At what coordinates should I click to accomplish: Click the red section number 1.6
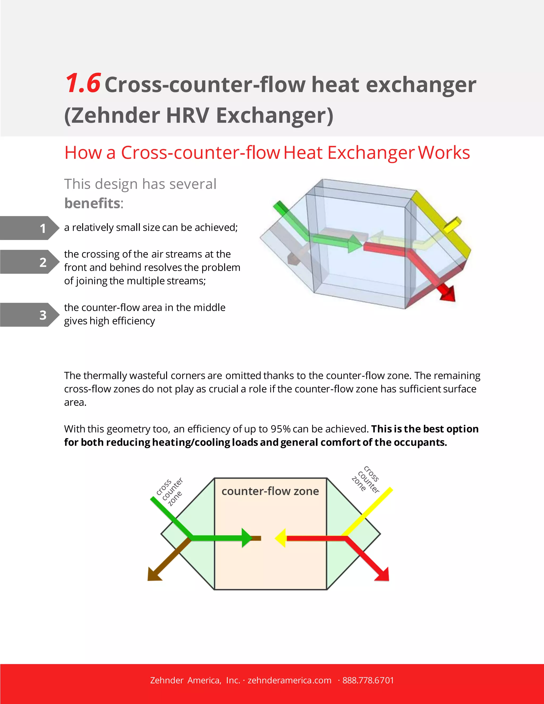[x=83, y=83]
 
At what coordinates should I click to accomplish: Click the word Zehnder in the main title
[x=115, y=115]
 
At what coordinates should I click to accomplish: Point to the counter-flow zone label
[x=270, y=491]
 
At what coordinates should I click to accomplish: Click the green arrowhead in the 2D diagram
[x=247, y=538]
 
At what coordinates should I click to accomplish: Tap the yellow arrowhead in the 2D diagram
[x=281, y=538]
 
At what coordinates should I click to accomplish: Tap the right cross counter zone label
[x=366, y=479]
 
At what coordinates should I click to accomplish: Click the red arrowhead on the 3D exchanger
[x=448, y=294]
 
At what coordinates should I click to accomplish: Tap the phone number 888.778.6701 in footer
[x=368, y=680]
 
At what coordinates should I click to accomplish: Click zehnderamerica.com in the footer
[x=290, y=680]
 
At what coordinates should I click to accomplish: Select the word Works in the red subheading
[x=444, y=152]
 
